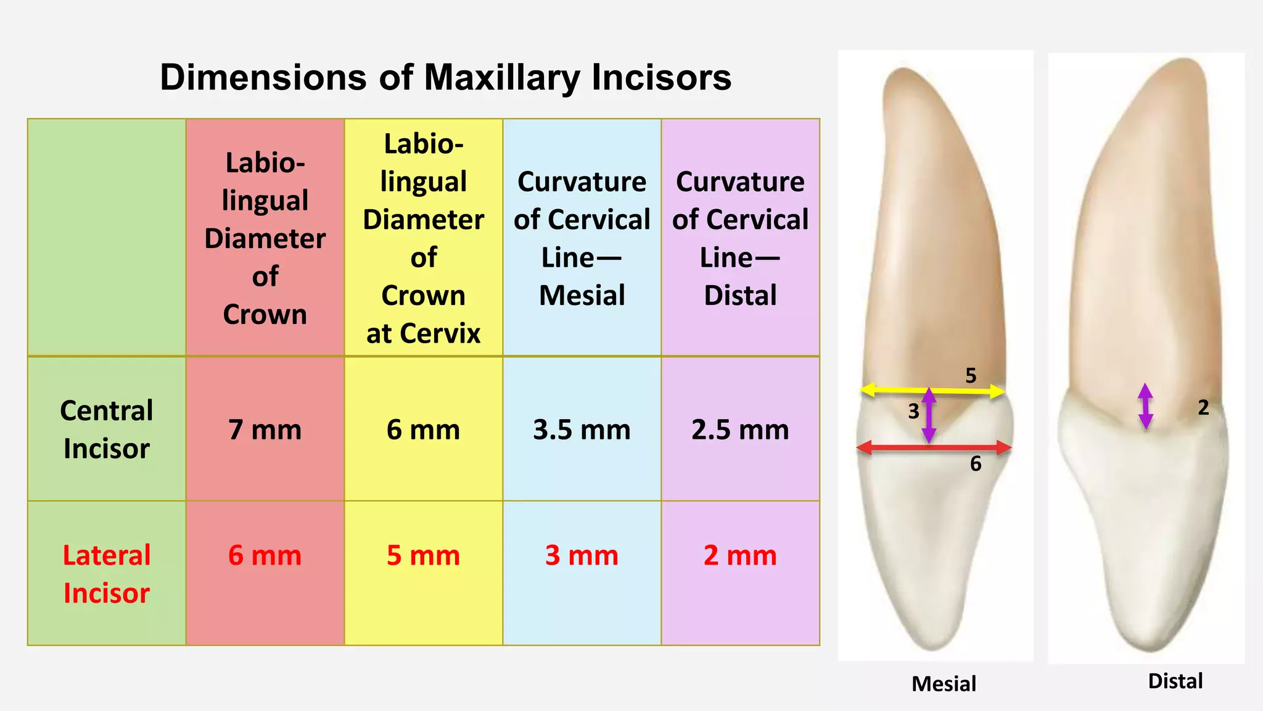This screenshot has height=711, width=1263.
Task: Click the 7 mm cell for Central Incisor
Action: (265, 430)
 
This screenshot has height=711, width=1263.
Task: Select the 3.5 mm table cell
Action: (582, 430)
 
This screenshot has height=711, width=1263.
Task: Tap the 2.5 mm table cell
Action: (740, 430)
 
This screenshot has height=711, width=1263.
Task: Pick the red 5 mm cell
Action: (423, 555)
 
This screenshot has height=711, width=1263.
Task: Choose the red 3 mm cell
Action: (582, 555)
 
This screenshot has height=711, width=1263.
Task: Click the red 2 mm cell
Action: (740, 555)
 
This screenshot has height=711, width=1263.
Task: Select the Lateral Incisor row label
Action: (107, 574)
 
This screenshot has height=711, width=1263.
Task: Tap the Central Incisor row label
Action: (107, 430)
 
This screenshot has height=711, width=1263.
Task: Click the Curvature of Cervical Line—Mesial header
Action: (582, 238)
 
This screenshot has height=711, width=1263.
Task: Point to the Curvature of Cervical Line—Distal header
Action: (740, 238)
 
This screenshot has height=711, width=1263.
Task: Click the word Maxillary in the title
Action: (502, 78)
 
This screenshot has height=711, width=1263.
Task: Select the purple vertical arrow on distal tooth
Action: (1145, 406)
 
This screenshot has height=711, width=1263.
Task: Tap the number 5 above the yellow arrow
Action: (971, 375)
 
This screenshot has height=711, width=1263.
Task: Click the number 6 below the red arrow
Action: (976, 464)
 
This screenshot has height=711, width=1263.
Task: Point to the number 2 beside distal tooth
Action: (1203, 407)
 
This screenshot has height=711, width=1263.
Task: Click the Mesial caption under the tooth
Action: (944, 684)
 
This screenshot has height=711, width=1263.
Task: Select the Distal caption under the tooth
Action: (1175, 681)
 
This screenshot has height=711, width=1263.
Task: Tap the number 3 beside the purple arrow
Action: (913, 411)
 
